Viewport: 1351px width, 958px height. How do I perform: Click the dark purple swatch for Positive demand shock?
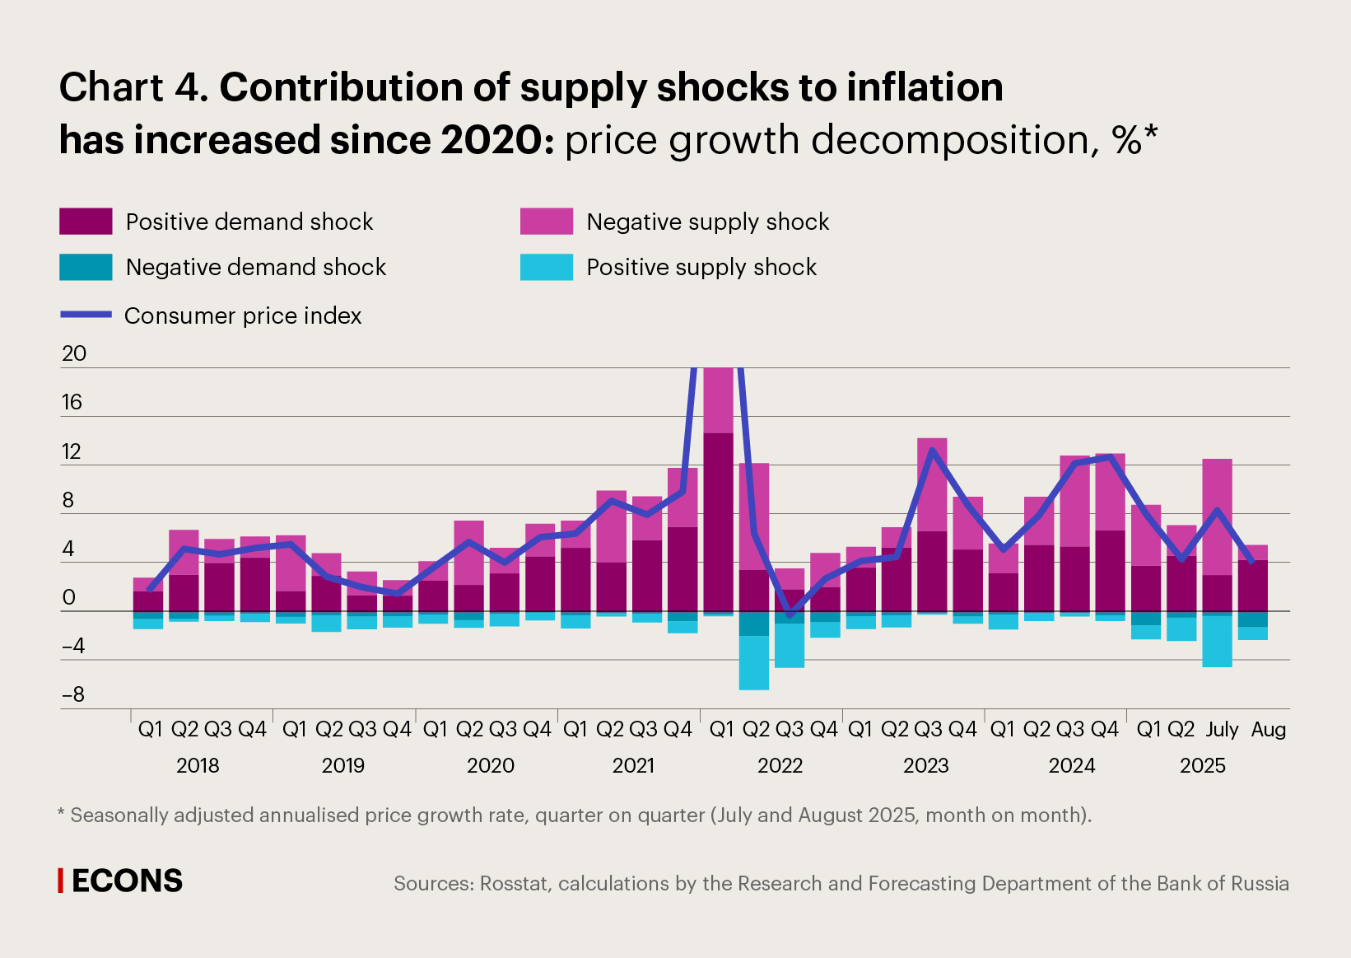click(x=86, y=222)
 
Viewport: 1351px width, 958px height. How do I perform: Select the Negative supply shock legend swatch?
click(x=546, y=222)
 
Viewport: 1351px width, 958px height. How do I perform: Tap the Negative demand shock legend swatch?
click(x=86, y=267)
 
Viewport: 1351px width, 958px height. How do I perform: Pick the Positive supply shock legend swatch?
click(x=546, y=267)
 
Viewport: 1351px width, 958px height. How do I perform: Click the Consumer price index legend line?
click(x=86, y=315)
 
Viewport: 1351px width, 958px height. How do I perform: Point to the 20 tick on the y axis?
click(x=74, y=353)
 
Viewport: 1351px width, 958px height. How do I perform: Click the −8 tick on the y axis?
click(x=73, y=694)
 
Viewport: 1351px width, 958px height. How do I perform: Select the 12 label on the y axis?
click(x=72, y=451)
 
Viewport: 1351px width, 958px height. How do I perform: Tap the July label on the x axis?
click(x=1222, y=729)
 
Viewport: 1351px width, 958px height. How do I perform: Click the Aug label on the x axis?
click(x=1268, y=729)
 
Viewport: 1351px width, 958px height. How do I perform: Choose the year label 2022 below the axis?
click(x=780, y=765)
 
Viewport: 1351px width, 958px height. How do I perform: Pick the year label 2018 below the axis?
click(x=198, y=765)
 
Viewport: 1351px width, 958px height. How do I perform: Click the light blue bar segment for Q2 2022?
click(x=753, y=662)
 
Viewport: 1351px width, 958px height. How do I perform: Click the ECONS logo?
click(x=121, y=881)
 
